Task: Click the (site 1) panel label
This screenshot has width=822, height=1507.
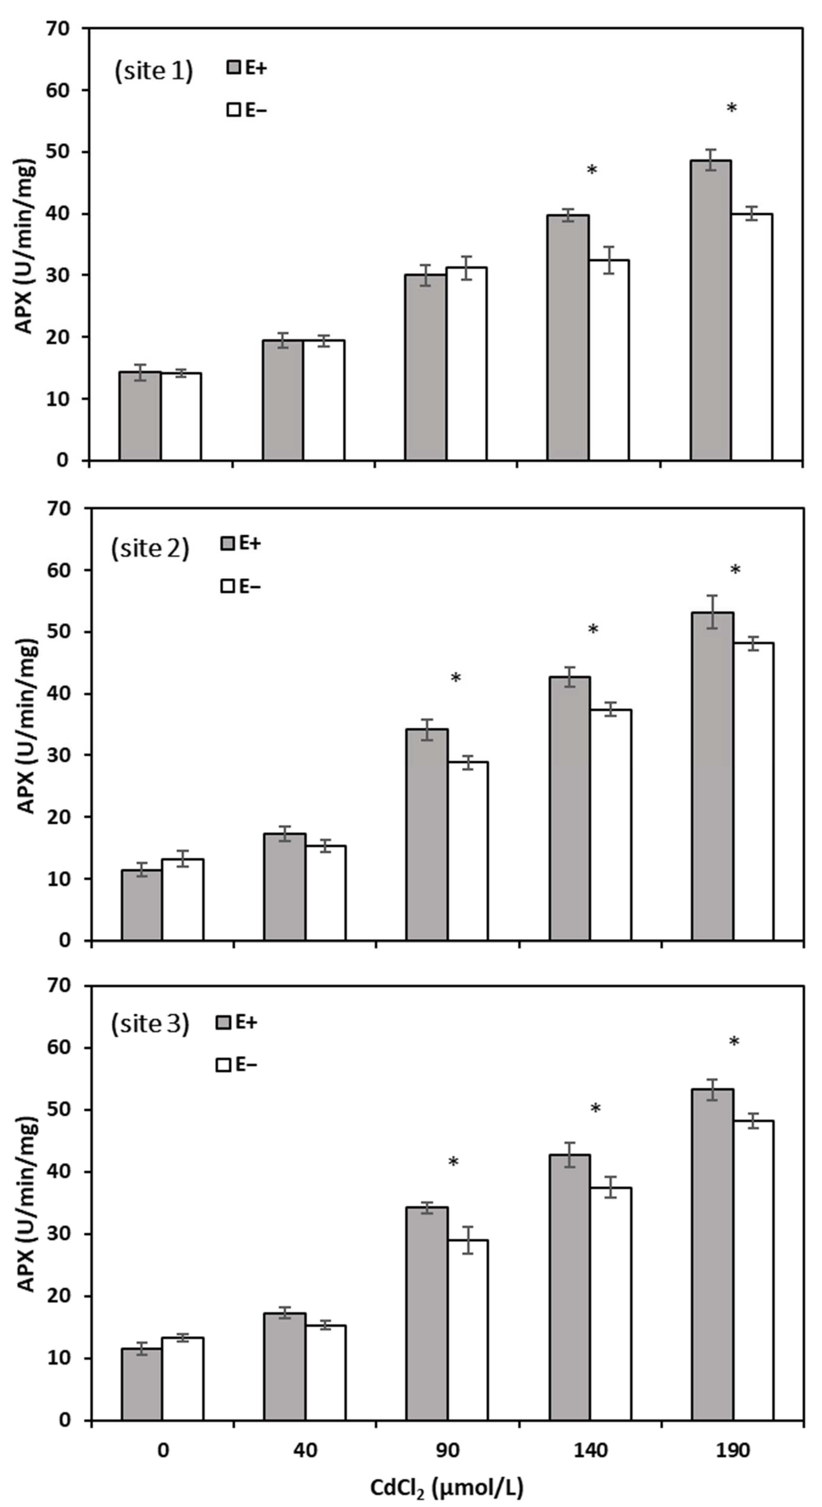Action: coord(153,71)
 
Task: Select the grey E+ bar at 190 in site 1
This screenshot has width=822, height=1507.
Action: coord(710,310)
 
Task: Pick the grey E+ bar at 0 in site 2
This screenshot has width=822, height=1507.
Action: coord(142,905)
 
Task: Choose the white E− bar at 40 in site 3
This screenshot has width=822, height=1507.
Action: coord(326,1363)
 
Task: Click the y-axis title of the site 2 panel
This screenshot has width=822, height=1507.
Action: coord(27,726)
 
